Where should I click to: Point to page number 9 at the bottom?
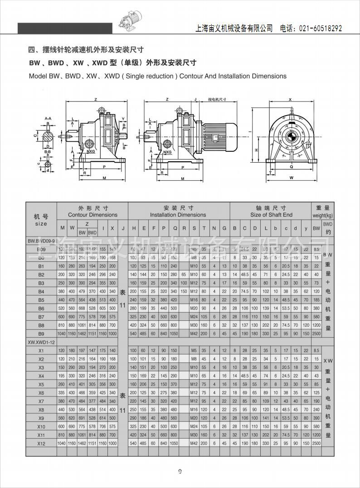click(x=180, y=472)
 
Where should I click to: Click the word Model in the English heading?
click(x=38, y=76)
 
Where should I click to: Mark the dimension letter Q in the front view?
click(x=292, y=166)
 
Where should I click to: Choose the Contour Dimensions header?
click(x=92, y=215)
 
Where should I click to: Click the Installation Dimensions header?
click(x=178, y=215)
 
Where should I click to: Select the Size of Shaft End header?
click(x=271, y=215)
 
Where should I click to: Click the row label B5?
click(x=41, y=300)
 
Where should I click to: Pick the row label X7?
click(x=41, y=401)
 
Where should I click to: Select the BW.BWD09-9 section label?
click(x=41, y=242)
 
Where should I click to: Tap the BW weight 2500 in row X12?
click(x=316, y=443)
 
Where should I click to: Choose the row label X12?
click(x=41, y=443)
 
